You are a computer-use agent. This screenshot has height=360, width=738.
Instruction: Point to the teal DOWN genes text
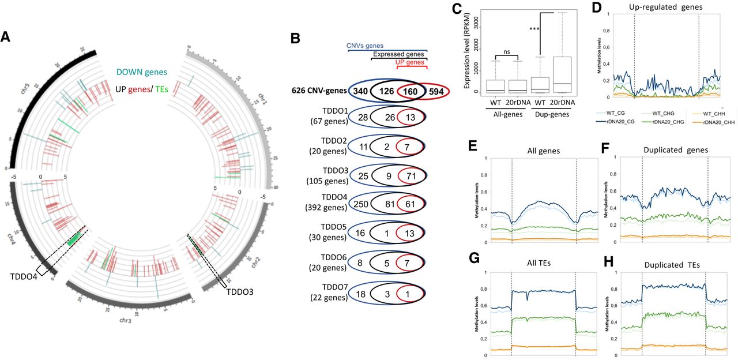point(141,72)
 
